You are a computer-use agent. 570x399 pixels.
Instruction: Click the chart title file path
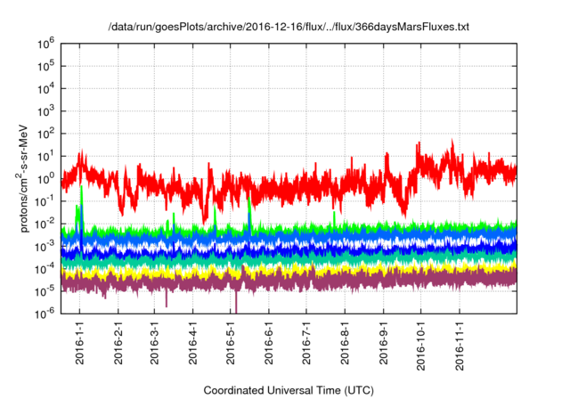click(x=287, y=28)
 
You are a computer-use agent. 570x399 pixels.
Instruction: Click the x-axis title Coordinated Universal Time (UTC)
click(x=287, y=390)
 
